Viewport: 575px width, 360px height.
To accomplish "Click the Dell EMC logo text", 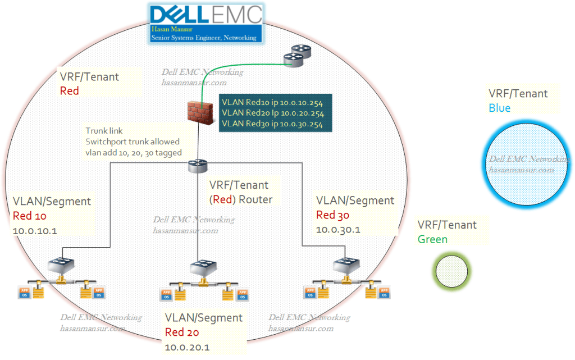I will (x=206, y=15).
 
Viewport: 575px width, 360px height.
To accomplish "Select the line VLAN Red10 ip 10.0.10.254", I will (x=272, y=103).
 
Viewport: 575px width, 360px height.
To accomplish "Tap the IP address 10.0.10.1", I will (x=34, y=230).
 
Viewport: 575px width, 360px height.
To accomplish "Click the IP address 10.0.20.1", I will (x=188, y=347).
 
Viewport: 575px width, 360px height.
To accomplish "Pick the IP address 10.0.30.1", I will (x=339, y=229).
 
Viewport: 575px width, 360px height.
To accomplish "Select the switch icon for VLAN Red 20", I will (x=202, y=269).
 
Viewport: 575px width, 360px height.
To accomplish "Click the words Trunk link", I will (x=104, y=130).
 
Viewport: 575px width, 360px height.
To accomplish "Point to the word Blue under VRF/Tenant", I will (x=500, y=108).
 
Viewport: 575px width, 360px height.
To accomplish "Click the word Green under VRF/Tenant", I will (x=432, y=239).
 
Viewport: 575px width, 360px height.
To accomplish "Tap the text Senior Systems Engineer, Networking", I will (x=204, y=38).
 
